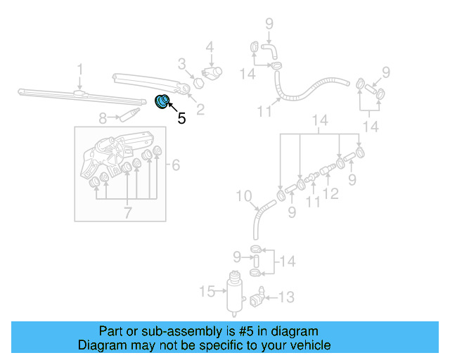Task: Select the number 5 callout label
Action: coord(181,118)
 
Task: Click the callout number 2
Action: coord(200,109)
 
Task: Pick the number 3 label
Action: coord(181,65)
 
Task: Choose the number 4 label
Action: coord(209,48)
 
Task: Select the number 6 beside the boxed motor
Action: coord(176,165)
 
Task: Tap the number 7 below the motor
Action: coord(127,212)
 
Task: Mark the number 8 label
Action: coord(103,117)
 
